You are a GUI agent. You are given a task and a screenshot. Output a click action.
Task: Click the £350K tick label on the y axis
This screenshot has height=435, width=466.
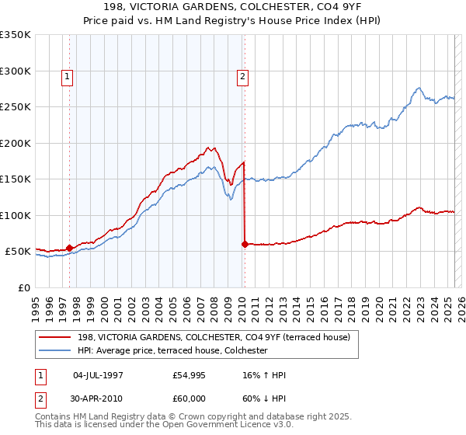click(x=15, y=35)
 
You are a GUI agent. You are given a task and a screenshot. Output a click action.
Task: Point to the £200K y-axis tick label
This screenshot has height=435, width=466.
click(x=15, y=143)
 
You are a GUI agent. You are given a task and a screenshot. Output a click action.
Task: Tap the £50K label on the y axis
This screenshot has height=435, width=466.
click(x=18, y=252)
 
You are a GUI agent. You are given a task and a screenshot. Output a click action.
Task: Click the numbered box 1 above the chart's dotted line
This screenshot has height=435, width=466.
click(x=68, y=76)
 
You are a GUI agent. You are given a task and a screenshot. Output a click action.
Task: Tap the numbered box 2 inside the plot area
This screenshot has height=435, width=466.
click(x=243, y=76)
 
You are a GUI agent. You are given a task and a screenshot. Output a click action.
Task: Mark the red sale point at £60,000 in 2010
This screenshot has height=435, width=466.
click(x=245, y=244)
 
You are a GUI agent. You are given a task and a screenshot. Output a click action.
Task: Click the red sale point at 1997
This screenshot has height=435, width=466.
click(x=69, y=248)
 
